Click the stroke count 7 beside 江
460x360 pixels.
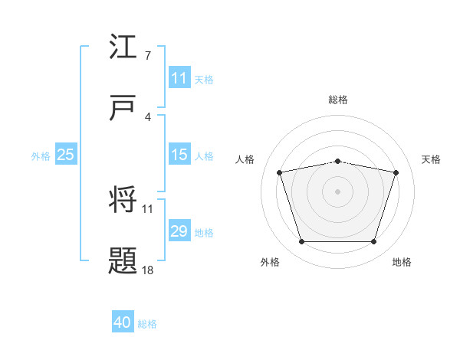(x=147, y=56)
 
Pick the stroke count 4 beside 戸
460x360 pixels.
(x=147, y=116)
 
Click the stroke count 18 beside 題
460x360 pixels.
(x=149, y=270)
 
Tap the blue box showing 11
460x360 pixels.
(x=179, y=78)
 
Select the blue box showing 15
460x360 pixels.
(x=179, y=155)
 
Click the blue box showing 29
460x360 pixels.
(x=179, y=231)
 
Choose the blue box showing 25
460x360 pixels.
(x=66, y=155)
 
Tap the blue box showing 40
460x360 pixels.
(x=123, y=323)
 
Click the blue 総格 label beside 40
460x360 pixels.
(x=147, y=324)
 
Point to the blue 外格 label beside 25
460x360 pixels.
(x=41, y=155)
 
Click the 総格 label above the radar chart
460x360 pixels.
(x=338, y=100)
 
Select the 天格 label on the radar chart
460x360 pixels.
(x=432, y=159)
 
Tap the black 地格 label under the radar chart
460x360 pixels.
(x=402, y=262)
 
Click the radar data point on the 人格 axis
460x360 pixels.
(x=280, y=172)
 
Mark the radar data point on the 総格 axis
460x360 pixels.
(x=338, y=161)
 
